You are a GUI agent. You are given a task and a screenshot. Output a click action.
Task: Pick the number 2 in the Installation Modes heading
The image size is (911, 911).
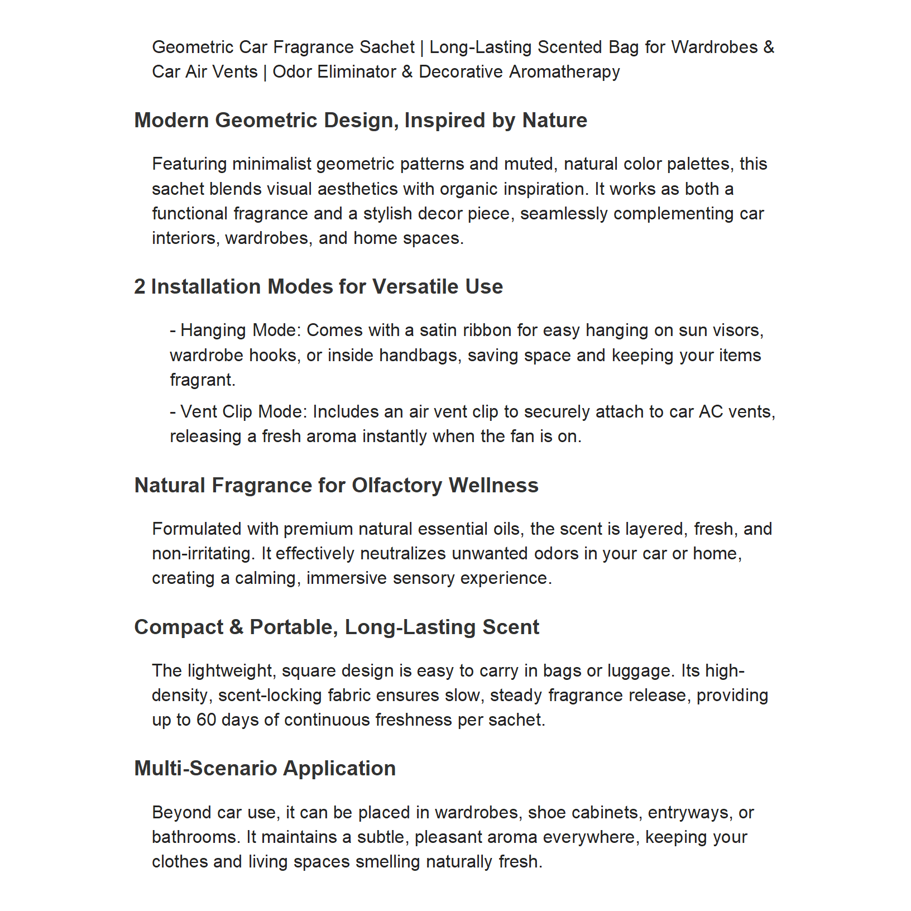140,287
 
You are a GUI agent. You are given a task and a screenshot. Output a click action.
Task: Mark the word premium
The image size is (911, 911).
318,529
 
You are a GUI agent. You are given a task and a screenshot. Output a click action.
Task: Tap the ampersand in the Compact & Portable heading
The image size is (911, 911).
236,627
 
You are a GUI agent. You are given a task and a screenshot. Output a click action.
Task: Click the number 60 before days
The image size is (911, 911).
206,720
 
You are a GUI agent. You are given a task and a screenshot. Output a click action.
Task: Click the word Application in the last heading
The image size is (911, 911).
339,769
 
